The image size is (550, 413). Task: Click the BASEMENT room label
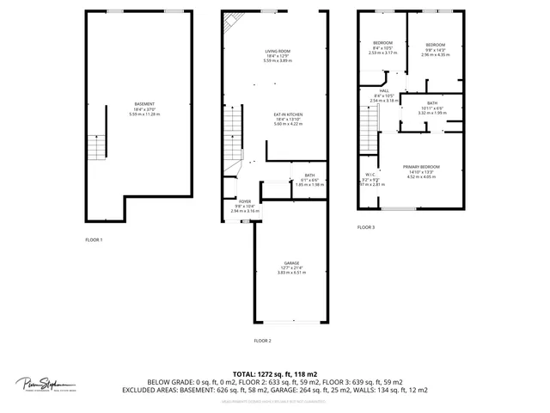click(144, 104)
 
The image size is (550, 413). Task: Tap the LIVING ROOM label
click(277, 52)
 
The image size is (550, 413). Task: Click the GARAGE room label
click(292, 263)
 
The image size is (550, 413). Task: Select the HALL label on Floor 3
click(384, 91)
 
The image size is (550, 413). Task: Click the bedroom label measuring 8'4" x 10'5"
click(382, 44)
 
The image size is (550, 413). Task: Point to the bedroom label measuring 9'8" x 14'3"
click(437, 46)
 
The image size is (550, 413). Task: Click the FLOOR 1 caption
click(94, 239)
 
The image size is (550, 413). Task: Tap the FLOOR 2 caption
click(262, 341)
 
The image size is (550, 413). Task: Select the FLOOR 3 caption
click(366, 227)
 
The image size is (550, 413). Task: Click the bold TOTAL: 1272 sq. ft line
click(274, 373)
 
